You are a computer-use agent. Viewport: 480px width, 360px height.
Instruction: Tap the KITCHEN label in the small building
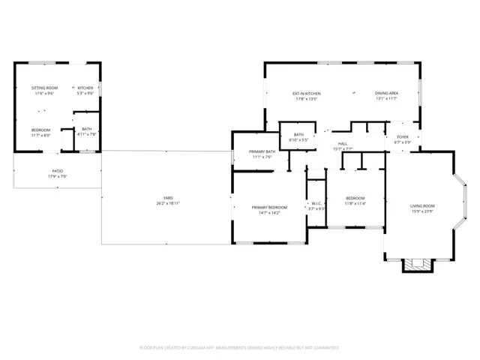pos(85,88)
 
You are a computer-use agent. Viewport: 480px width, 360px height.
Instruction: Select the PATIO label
pos(57,171)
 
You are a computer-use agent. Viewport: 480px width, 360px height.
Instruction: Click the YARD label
pos(168,198)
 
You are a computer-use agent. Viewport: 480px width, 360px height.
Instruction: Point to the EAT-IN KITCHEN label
pos(306,94)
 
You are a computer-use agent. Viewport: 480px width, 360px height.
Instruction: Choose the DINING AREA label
pos(386,94)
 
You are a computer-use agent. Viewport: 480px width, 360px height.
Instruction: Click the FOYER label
pos(403,137)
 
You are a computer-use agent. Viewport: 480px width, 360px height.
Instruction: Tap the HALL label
pos(343,143)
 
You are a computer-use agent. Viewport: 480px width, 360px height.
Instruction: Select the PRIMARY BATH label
pos(262,152)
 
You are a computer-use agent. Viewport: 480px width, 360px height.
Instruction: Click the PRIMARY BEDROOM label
pos(268,207)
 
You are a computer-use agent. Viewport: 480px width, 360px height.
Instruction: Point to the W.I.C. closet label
pos(316,202)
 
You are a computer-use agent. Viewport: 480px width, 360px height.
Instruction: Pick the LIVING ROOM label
pos(422,205)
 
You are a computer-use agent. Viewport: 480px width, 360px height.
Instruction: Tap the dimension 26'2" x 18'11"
pos(168,203)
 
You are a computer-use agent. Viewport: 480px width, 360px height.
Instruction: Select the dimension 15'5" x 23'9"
pos(422,211)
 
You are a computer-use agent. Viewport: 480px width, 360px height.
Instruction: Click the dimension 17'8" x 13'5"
pos(306,99)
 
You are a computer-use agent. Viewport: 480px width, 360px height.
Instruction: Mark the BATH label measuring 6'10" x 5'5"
pos(298,135)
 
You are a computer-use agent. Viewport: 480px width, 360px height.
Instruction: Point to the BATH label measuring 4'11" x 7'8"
pos(87,129)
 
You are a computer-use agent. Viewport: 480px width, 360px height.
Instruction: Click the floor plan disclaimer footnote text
pos(239,348)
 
